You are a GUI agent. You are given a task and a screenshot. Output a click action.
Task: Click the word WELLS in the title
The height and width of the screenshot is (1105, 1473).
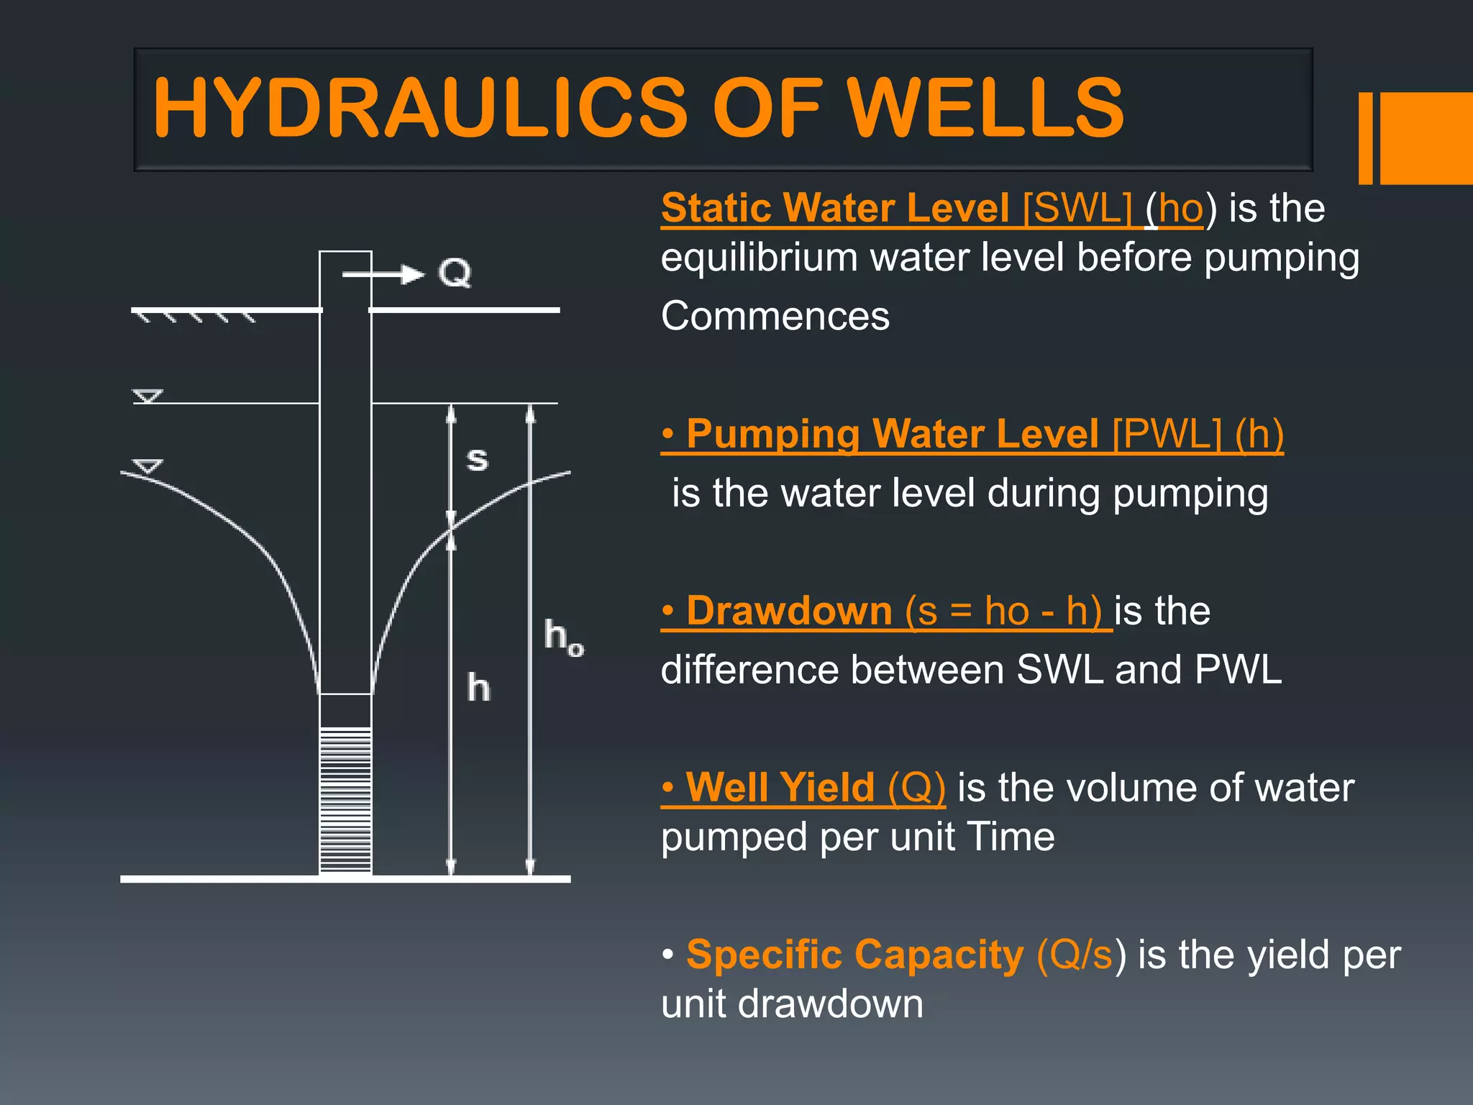tap(985, 108)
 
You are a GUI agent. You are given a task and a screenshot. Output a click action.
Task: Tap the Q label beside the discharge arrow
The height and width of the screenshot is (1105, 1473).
tap(455, 273)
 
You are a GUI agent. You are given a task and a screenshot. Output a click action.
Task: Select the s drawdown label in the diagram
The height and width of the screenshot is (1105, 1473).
tap(477, 458)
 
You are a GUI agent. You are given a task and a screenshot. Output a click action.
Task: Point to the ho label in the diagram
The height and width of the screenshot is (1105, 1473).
tap(563, 637)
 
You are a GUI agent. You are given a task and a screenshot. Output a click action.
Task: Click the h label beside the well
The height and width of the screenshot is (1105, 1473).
tap(478, 688)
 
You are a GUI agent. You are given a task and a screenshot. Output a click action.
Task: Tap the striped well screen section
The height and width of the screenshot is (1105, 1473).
tap(345, 799)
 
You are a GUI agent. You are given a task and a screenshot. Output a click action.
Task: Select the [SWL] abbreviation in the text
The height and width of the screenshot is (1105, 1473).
tap(1077, 209)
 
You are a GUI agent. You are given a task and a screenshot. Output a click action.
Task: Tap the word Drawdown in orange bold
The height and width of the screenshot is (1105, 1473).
tap(789, 611)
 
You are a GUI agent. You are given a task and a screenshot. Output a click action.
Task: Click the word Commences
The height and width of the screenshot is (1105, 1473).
tap(775, 316)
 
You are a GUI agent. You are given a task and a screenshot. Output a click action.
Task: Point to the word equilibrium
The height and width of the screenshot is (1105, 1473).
tap(759, 258)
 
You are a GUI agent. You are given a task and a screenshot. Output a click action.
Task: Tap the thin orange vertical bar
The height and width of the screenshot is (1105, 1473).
tap(1365, 138)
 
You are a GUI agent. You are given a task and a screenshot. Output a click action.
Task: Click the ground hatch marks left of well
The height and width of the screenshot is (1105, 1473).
tap(194, 317)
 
